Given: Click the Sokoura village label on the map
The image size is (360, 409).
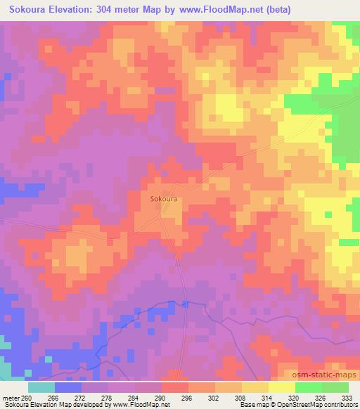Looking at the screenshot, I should click(163, 199).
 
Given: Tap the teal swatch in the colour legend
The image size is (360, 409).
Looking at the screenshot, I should click(41, 387).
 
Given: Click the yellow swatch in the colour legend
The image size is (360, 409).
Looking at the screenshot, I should click(281, 387).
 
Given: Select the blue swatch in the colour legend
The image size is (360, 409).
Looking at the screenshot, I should click(68, 387).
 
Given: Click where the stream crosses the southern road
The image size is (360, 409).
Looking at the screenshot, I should click(184, 304).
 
